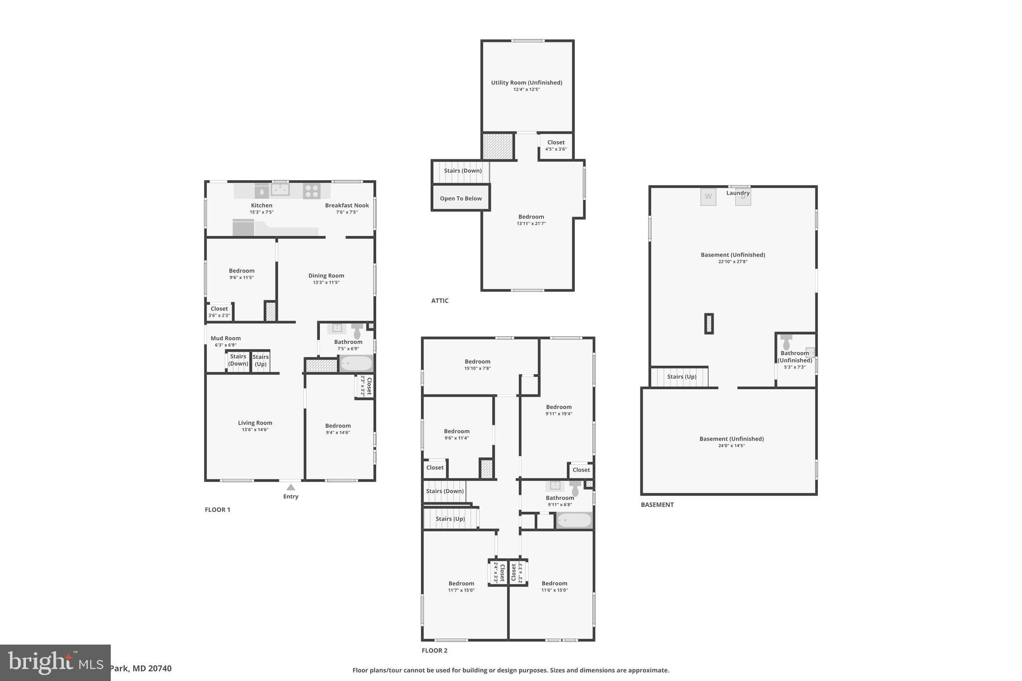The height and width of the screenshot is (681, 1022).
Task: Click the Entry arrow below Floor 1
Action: [290, 487]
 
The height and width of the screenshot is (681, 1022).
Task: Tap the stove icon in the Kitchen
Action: [311, 191]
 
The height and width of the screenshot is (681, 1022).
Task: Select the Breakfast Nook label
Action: [347, 206]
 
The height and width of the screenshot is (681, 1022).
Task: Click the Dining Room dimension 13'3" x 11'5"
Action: [326, 282]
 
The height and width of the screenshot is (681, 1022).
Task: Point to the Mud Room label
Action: [226, 338]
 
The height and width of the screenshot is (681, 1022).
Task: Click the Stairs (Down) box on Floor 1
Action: [238, 360]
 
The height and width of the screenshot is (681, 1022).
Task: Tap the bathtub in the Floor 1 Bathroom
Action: [356, 363]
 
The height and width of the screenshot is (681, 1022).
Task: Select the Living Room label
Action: [255, 423]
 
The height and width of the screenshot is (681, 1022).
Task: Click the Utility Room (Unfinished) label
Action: [526, 83]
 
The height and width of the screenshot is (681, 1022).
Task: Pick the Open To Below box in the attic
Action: [461, 198]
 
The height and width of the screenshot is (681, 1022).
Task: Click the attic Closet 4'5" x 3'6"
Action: [556, 145]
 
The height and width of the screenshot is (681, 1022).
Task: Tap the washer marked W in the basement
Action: [708, 196]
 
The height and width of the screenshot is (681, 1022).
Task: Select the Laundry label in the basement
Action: [738, 193]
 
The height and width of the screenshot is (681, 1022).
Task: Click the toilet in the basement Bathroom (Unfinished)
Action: [786, 342]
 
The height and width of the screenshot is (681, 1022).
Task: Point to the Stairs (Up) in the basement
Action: [681, 377]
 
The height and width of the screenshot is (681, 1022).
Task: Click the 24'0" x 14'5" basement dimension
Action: [731, 446]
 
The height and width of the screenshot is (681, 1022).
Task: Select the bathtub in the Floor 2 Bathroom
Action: [574, 520]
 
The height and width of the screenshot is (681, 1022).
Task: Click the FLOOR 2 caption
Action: [434, 651]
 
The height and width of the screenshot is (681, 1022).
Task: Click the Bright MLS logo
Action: [55, 663]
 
